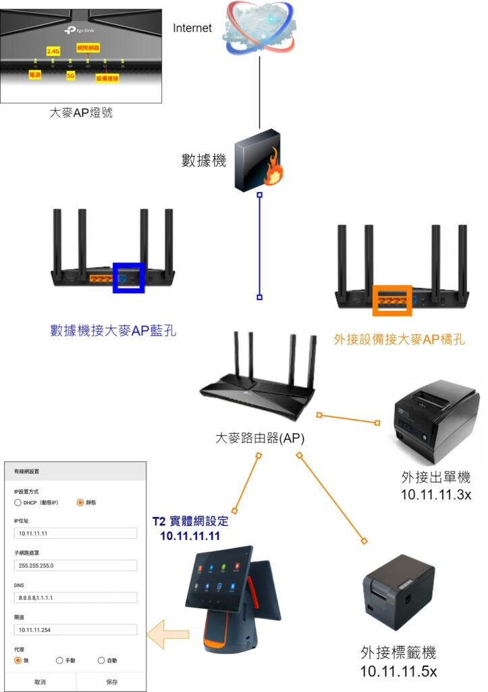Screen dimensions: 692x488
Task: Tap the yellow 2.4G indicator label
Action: tap(53, 51)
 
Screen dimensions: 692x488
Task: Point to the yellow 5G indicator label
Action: tap(70, 76)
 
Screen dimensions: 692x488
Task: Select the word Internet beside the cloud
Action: tap(192, 28)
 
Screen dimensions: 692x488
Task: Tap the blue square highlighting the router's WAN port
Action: tap(128, 277)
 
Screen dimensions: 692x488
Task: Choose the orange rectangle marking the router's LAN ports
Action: tap(392, 300)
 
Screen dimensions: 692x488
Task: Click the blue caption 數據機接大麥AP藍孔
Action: tap(113, 330)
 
